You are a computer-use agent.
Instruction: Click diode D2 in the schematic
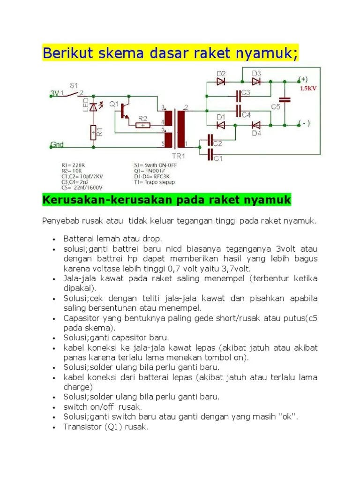click(221, 81)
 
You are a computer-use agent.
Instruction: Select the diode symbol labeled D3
click(256, 81)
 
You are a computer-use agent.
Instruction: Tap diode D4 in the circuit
click(256, 125)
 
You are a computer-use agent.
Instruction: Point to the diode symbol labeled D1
click(221, 125)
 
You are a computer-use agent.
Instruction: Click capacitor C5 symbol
click(284, 100)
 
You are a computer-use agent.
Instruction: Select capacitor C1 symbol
click(210, 152)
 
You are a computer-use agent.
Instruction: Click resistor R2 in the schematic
click(142, 125)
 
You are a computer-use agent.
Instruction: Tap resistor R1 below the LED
click(93, 133)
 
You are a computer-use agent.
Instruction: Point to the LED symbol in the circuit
click(93, 107)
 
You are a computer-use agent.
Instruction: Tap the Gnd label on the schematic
click(57, 145)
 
